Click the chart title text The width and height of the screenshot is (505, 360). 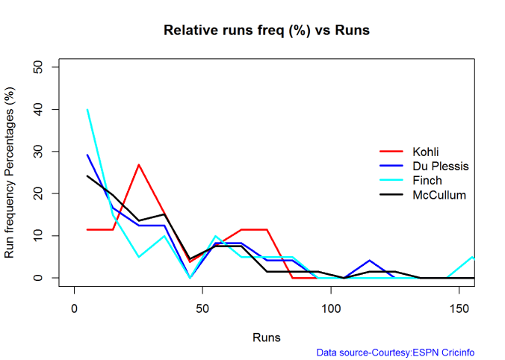pos(267,31)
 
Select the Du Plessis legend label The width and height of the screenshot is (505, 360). pos(440,167)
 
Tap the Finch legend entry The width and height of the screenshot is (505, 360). pos(427,181)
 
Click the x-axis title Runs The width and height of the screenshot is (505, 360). pos(267,337)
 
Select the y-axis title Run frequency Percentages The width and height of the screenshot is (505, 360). pos(10,173)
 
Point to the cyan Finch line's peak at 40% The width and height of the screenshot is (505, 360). pos(87,110)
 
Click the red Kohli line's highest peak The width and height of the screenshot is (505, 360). pos(139,165)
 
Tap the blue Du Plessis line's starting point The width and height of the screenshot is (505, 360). pos(87,155)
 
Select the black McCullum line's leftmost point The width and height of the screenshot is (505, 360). pos(87,176)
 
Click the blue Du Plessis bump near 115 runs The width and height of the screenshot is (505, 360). pos(370,261)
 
